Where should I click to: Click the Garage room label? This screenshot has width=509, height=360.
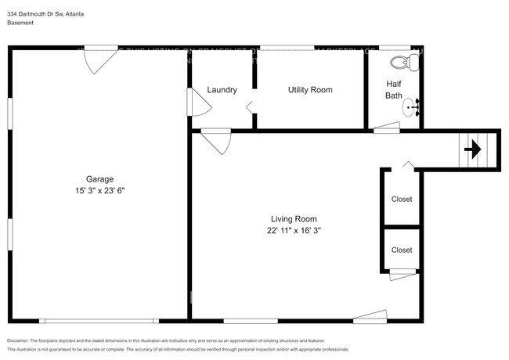click(x=98, y=178)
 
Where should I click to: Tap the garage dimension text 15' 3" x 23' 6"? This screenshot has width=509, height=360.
click(x=98, y=189)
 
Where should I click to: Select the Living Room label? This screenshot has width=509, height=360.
click(x=294, y=219)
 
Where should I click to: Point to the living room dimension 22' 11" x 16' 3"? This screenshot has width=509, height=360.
click(x=294, y=231)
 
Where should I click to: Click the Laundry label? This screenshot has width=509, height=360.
click(x=222, y=90)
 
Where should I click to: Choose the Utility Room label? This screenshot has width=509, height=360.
click(x=310, y=90)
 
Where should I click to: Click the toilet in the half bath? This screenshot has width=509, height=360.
click(x=399, y=62)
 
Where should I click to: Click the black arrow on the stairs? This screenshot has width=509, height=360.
click(x=472, y=148)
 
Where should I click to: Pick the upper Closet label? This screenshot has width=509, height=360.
click(x=402, y=200)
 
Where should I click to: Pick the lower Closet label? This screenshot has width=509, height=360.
click(x=402, y=250)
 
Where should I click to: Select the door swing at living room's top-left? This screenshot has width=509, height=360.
click(x=215, y=142)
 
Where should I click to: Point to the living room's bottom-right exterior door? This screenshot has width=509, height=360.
click(x=370, y=315)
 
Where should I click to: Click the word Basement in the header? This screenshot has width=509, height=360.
click(x=20, y=23)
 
